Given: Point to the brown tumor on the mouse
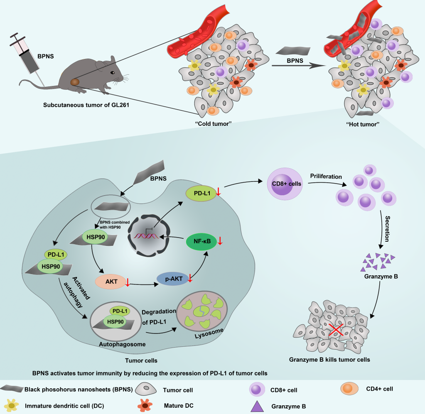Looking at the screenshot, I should (75, 81).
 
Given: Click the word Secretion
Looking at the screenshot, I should (387, 229).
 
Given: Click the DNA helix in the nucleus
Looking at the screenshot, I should (146, 236).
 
